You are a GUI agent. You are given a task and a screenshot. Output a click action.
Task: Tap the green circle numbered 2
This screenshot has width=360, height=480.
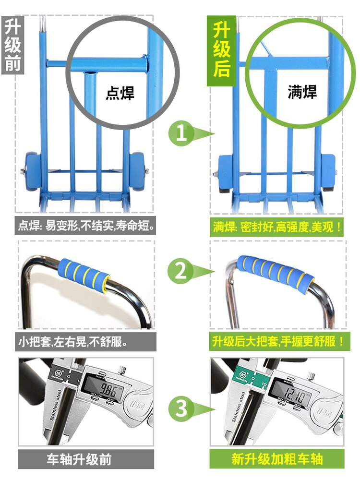click(180, 271)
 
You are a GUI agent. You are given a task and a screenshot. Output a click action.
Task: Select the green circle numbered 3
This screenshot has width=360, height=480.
click(181, 408)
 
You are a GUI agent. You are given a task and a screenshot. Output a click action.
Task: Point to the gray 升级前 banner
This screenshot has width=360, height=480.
click(13, 44)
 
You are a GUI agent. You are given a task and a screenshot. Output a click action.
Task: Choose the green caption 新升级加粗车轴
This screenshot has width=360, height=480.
click(277, 459)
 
